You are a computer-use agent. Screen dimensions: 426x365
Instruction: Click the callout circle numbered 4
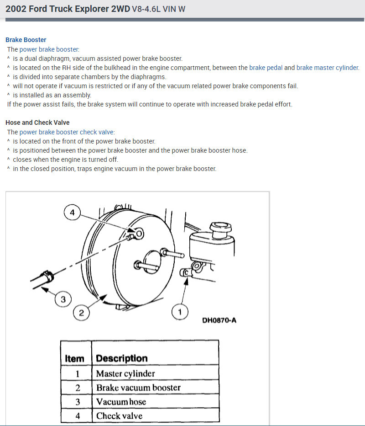point(72,212)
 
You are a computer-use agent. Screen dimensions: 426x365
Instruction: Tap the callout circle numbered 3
point(63,300)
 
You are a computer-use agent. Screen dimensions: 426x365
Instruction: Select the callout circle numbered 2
point(81,313)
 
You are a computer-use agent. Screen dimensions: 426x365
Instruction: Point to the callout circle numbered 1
point(180,312)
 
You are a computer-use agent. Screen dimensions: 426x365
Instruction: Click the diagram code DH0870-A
point(219,320)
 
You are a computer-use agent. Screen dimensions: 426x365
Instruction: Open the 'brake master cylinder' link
point(327,68)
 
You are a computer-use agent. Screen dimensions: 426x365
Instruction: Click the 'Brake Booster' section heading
point(26,40)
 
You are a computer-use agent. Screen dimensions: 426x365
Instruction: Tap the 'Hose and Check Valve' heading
point(37,122)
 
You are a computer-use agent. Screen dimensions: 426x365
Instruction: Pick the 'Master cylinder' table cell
point(125,373)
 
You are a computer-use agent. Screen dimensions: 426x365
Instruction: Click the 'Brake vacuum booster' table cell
point(138,388)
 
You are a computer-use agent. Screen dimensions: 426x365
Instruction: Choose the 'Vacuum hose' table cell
point(121,402)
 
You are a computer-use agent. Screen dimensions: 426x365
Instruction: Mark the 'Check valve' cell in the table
point(119,416)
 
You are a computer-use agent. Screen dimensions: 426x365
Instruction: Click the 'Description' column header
point(122,359)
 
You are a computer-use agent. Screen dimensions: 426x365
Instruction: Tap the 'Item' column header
point(75,359)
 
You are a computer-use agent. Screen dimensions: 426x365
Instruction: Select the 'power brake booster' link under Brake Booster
point(49,49)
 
